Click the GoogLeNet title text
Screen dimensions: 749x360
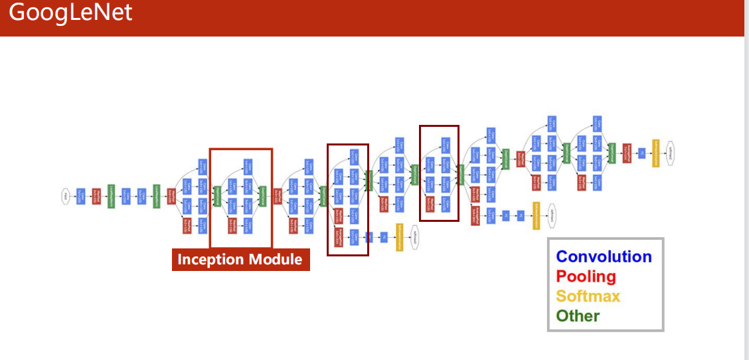coord(71,13)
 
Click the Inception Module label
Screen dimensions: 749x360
coord(240,259)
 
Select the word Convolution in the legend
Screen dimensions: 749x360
coord(604,257)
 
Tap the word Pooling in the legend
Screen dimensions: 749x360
coord(586,276)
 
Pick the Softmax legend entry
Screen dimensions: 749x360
coord(588,296)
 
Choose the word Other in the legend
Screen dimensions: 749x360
coord(578,316)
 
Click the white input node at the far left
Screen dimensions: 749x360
coord(66,196)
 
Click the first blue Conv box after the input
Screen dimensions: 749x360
coord(81,196)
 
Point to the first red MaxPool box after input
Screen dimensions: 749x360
coord(96,196)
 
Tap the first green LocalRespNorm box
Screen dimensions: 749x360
coord(111,196)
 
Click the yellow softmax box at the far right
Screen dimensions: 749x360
coord(656,153)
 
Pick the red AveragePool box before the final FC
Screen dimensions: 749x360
coord(627,153)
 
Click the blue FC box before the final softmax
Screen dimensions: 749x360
coord(641,153)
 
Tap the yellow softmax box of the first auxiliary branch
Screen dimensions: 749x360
coord(400,237)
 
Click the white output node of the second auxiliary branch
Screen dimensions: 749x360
coord(551,215)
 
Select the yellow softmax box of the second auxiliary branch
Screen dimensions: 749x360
coord(536,216)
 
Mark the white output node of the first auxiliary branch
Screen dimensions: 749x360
coord(414,236)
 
